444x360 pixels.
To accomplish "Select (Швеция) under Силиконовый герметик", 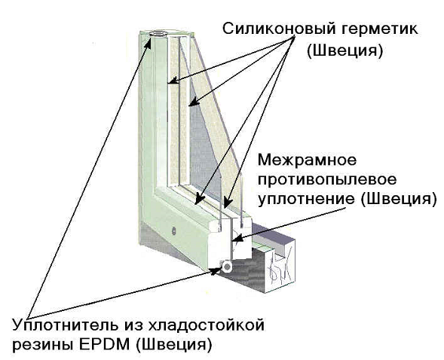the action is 344,51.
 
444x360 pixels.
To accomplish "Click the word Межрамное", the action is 307,160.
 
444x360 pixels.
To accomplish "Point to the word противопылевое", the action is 327,180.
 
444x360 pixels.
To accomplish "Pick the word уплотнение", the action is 306,199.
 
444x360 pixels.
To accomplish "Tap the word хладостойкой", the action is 206,325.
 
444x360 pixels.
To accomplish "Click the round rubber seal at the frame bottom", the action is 227,267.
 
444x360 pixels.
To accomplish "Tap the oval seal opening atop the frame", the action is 158,33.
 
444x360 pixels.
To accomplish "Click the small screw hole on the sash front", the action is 173,230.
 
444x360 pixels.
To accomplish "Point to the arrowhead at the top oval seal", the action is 148,43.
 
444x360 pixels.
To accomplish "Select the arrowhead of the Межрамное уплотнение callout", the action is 237,238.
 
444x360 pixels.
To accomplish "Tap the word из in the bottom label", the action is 133,325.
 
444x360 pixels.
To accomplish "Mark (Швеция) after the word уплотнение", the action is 399,199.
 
